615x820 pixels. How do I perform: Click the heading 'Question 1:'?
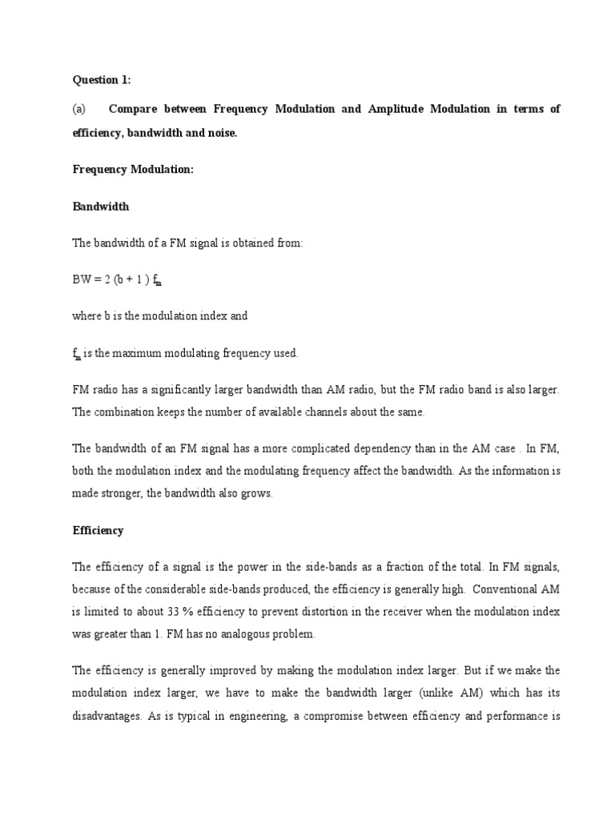(x=102, y=80)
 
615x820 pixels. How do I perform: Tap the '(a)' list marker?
(x=80, y=110)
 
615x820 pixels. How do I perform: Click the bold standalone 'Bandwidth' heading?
(x=101, y=207)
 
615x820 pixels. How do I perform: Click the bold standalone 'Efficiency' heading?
(x=98, y=530)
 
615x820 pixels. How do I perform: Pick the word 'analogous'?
(x=240, y=634)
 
